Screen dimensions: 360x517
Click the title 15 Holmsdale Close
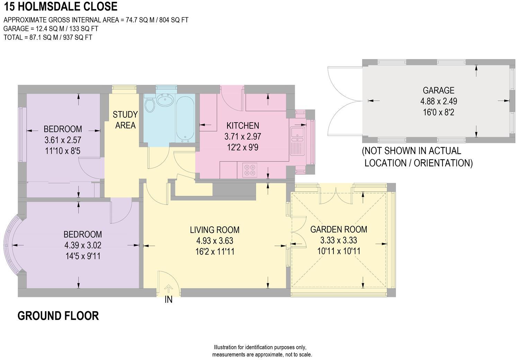pyautogui.click(x=61, y=6)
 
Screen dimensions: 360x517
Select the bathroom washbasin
pyautogui.click(x=165, y=100)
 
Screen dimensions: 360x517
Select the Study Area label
pyautogui.click(x=125, y=120)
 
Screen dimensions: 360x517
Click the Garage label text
pyautogui.click(x=438, y=90)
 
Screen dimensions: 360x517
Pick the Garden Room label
pyautogui.click(x=338, y=229)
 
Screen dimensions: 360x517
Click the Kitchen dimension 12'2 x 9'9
pyautogui.click(x=242, y=147)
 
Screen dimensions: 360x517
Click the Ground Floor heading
pyautogui.click(x=58, y=316)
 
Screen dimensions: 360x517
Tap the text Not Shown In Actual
pyautogui.click(x=411, y=151)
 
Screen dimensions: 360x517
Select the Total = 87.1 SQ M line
pyautogui.click(x=48, y=37)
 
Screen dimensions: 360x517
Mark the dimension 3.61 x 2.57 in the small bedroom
pyautogui.click(x=63, y=140)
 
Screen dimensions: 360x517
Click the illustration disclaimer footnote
pyautogui.click(x=262, y=351)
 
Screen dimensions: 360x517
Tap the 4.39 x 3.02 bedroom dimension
pyautogui.click(x=83, y=245)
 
